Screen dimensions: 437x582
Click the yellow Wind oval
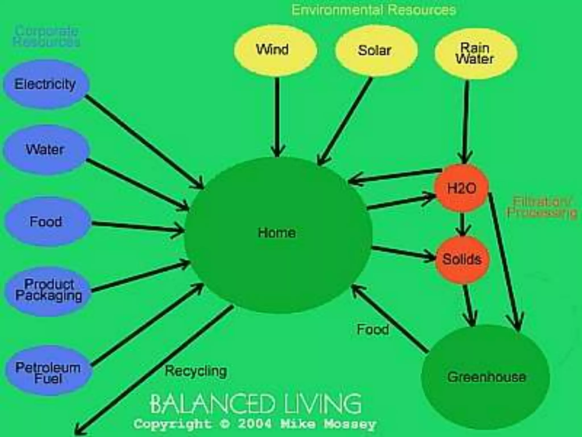pos(275,50)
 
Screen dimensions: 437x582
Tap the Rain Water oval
pos(476,53)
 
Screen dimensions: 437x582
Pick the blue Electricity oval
pos(45,84)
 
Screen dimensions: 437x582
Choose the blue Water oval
pos(45,149)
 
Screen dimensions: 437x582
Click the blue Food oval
pos(47,222)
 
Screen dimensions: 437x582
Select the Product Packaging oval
pos(48,290)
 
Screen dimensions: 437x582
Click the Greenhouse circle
pos(486,377)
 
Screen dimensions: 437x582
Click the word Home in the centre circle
pos(277,233)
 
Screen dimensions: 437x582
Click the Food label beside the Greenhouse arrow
pos(373,329)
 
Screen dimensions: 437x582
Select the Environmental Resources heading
pos(374,10)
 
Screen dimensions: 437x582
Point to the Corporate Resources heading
pos(46,36)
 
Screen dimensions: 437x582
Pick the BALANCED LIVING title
pos(255,404)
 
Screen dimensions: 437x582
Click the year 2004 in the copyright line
pos(254,424)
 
